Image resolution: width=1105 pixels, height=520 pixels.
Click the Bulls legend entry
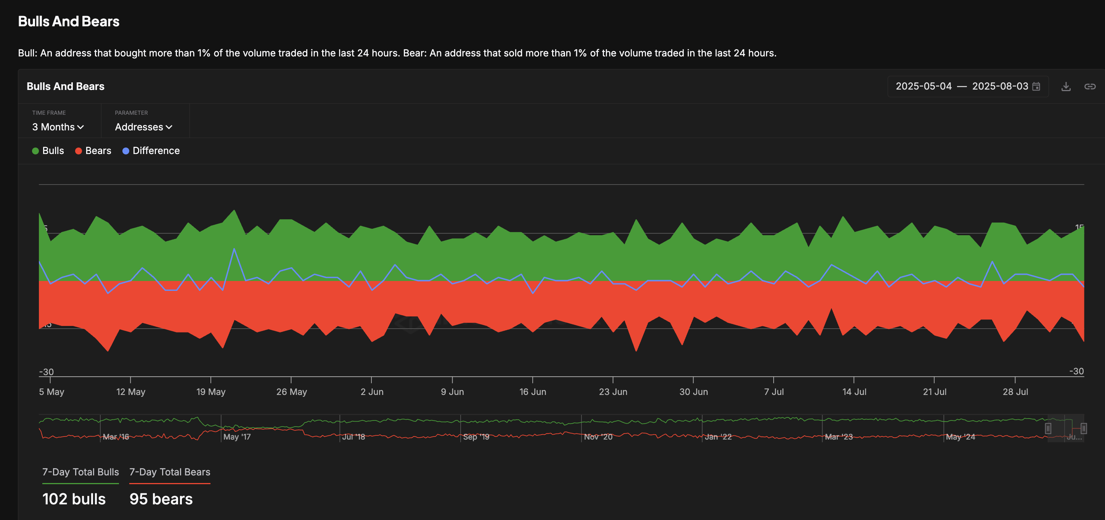click(48, 151)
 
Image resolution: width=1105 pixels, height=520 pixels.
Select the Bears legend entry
click(93, 151)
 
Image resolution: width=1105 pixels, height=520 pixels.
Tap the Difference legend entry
click(151, 151)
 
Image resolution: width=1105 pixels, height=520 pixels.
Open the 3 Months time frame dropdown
click(58, 127)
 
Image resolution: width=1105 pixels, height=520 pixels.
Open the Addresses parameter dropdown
click(143, 127)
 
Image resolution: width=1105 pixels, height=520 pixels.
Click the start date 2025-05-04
click(923, 86)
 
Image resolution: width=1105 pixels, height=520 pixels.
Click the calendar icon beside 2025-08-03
click(1036, 87)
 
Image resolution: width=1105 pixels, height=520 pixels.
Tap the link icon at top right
click(1090, 87)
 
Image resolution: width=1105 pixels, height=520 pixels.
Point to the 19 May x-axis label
click(210, 392)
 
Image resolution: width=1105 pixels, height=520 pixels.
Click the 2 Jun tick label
click(372, 392)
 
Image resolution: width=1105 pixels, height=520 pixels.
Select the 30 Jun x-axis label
click(693, 392)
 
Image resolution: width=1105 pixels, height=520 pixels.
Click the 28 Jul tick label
click(1015, 392)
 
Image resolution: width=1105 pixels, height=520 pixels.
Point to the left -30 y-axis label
click(47, 372)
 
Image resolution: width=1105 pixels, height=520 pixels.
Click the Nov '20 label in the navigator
click(598, 437)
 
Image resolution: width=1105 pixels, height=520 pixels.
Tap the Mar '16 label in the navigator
click(116, 437)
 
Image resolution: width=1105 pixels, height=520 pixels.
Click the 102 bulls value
click(74, 499)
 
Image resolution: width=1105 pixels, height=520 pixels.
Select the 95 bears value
click(161, 499)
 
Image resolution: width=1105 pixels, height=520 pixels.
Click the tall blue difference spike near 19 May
click(234, 249)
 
